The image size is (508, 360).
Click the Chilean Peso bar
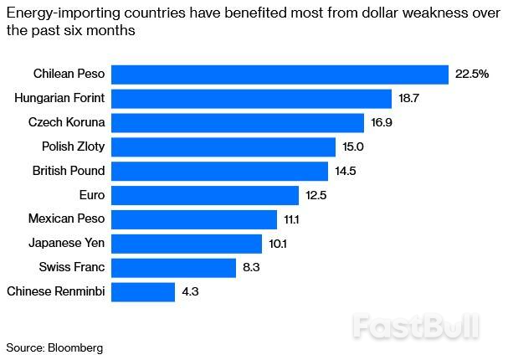point(280,75)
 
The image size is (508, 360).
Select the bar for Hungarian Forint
point(251,99)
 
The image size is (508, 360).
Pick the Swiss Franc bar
point(173,268)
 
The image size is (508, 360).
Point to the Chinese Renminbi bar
point(143,292)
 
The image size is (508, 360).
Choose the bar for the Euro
point(205,195)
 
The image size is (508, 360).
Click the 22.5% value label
point(471,75)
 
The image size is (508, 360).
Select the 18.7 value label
point(408,99)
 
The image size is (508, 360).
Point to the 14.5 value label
point(345,172)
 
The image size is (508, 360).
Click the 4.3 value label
point(190,292)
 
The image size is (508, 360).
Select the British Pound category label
point(69,171)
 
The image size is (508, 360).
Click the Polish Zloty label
point(74,147)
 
